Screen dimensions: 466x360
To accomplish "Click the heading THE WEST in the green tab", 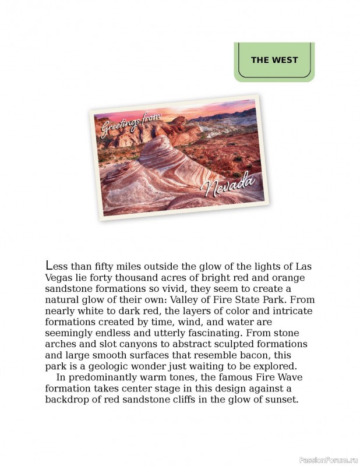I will (x=274, y=60).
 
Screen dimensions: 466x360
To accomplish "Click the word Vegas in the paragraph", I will (x=59, y=278).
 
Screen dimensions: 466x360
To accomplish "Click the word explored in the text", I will (x=275, y=366).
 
